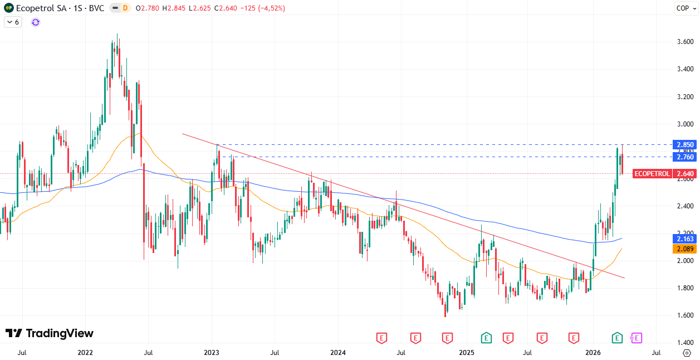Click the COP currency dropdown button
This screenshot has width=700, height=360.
coord(683,8)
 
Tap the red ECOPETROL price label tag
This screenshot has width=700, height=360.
coord(652,173)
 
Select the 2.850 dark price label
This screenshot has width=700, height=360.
coord(684,145)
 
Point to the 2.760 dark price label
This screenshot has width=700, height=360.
coord(684,157)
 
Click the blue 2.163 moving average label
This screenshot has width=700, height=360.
coord(684,239)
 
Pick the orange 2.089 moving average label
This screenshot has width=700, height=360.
coord(684,249)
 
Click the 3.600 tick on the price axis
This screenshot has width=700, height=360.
coord(684,42)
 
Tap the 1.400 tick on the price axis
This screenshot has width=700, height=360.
coord(684,343)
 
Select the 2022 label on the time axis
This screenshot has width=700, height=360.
coord(85,353)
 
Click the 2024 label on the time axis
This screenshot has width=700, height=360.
coord(338,353)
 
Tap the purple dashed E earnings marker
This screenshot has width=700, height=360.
coord(636,338)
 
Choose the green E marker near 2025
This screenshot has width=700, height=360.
coord(486,338)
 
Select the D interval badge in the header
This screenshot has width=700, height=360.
coord(125,8)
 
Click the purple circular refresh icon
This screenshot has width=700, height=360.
coord(36,22)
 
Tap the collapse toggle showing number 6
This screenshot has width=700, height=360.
coord(13,22)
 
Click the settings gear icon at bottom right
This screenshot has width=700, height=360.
coord(686,353)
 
